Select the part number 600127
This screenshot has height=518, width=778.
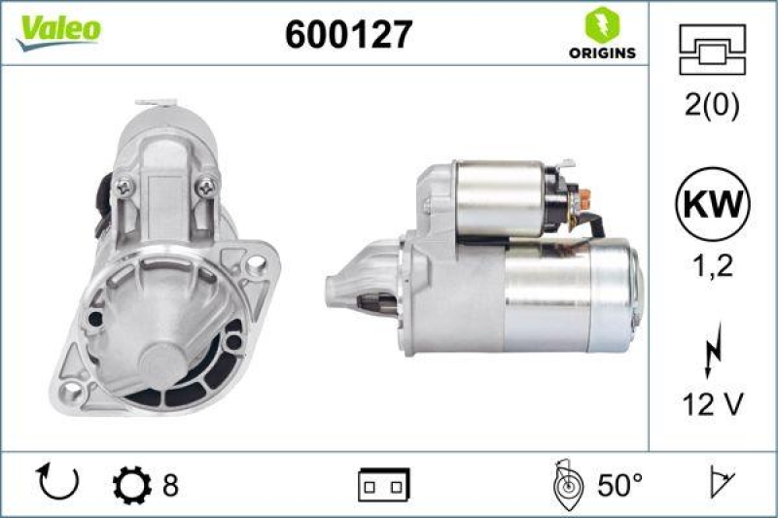[x=348, y=35]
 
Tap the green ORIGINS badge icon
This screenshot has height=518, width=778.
[x=602, y=24]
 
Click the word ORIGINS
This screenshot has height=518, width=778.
[x=602, y=52]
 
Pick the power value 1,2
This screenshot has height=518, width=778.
[x=712, y=264]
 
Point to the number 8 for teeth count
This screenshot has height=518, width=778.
[x=170, y=483]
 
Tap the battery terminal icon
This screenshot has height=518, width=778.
[x=383, y=483]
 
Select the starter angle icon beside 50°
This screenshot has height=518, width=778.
[x=566, y=483]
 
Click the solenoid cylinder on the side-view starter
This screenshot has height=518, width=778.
[x=499, y=198]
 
